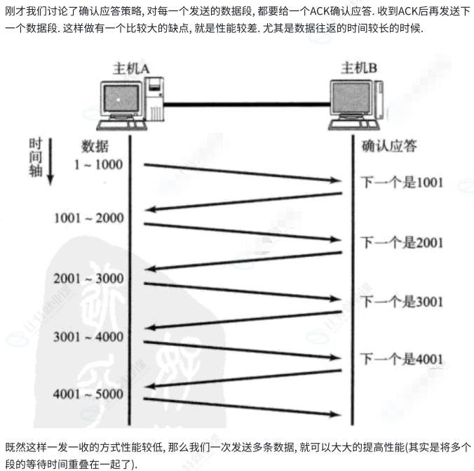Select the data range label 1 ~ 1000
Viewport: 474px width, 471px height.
tap(98, 165)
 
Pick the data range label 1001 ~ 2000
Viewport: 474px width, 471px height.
tap(88, 218)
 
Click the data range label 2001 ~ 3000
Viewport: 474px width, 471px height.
tap(88, 279)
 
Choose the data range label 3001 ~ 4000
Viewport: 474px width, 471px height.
tap(88, 336)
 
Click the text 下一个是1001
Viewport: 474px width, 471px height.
tap(402, 183)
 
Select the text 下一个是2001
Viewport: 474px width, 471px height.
tap(402, 243)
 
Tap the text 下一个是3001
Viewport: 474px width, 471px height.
tap(402, 303)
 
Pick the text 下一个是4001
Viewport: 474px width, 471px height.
tap(402, 359)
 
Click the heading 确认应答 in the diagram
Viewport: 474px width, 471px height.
tap(389, 147)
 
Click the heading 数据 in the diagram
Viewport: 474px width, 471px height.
tap(95, 147)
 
